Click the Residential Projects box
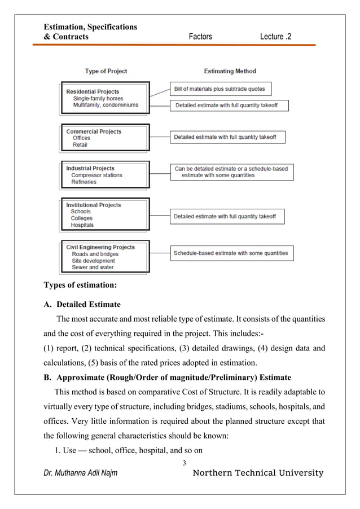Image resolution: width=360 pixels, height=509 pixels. [105, 98]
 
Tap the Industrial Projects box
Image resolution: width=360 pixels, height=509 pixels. [105, 175]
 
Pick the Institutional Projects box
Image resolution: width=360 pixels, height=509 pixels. [105, 215]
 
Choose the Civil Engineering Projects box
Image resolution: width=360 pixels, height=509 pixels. [105, 257]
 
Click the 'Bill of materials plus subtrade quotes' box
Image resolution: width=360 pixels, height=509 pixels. [219, 89]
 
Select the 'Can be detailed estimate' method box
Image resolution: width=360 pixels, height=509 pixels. [231, 172]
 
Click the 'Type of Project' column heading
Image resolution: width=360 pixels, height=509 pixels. [106, 71]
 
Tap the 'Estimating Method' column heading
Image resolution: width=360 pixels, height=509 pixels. [230, 71]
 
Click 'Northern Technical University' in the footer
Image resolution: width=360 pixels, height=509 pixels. [258, 473]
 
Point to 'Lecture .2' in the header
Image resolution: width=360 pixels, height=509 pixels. [276, 37]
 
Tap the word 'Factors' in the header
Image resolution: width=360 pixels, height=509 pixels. [200, 37]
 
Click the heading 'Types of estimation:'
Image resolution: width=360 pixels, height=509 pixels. [81, 285]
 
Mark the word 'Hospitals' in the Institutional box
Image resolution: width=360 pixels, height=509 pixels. [82, 225]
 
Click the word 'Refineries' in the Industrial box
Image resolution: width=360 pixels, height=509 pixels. [84, 182]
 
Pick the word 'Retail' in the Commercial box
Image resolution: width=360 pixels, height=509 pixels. [80, 145]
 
